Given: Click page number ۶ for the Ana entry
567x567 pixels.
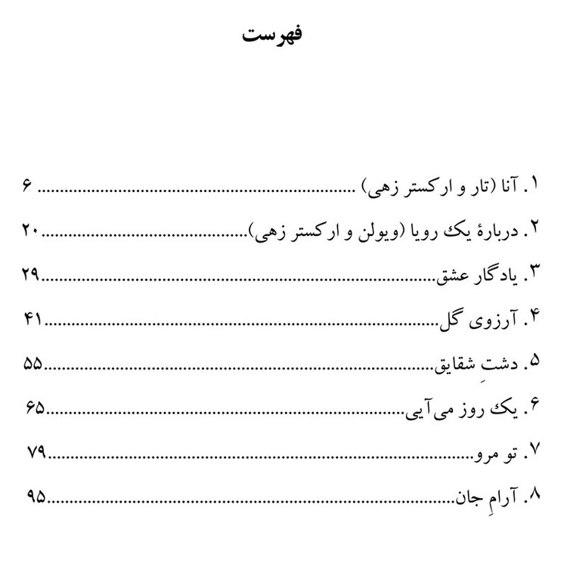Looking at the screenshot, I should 27,186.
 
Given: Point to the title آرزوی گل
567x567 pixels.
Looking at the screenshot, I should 481,320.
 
